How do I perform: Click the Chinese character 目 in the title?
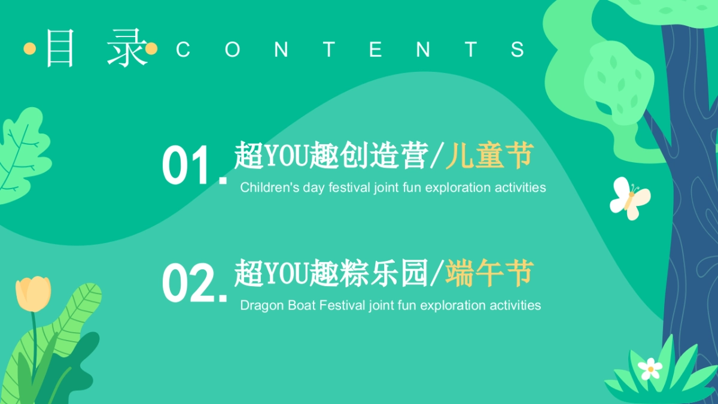60,49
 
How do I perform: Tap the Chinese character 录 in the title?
126,49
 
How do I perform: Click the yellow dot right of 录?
152,49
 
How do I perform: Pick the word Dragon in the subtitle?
258,305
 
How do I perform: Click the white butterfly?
629,198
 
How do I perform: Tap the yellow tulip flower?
34,293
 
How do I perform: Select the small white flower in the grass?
650,368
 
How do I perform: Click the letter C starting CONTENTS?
183,50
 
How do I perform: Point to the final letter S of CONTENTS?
518,50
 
